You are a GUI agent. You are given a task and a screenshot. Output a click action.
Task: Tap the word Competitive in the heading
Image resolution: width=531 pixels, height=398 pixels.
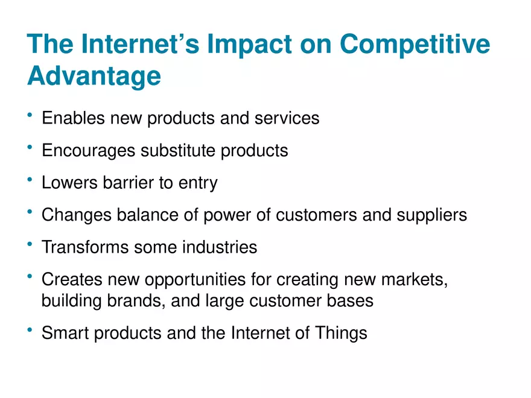415,44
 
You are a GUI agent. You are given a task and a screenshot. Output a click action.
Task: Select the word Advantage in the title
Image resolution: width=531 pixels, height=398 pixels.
94,77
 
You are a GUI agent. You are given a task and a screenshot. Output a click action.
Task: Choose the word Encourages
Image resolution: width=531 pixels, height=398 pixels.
89,150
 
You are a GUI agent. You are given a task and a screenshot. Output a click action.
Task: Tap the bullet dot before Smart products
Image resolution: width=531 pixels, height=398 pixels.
30,329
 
